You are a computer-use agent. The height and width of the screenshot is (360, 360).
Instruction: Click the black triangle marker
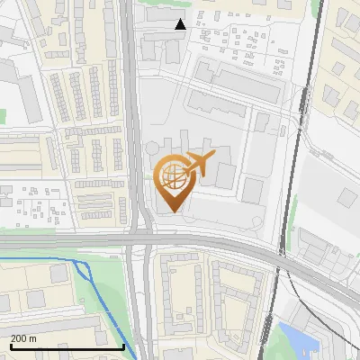point(181,24)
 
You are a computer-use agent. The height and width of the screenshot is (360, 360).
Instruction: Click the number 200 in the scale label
point(18,338)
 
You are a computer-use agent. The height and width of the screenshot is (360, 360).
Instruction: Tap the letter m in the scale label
point(33,338)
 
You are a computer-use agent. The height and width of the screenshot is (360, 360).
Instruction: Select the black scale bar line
point(67,346)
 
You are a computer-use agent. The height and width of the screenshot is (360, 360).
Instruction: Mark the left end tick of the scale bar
point(11,345)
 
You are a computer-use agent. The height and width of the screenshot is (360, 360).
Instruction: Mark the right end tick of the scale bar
point(123,345)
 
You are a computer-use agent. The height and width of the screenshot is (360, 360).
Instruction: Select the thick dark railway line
point(307,90)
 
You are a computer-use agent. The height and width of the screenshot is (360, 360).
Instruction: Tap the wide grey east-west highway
point(72,239)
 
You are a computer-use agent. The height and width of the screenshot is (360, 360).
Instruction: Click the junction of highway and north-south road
point(139,239)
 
